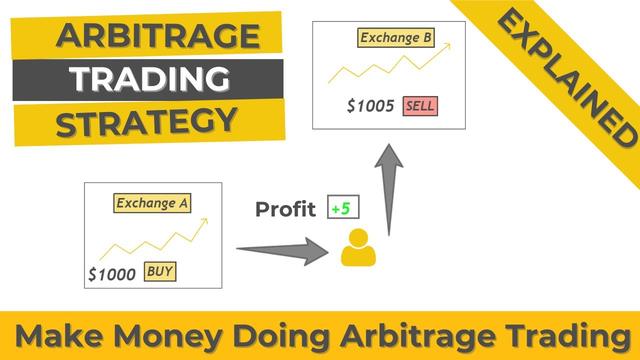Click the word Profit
click(286, 210)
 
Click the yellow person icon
click(354, 248)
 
